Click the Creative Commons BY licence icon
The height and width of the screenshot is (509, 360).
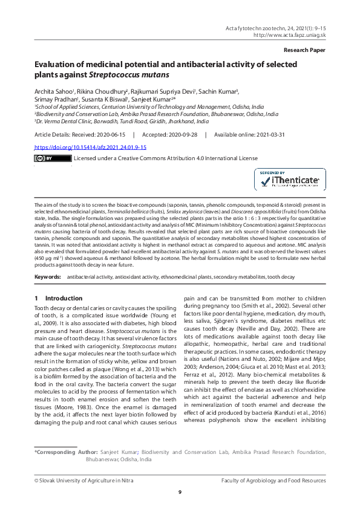pos(53,158)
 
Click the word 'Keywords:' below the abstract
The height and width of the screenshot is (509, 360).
pos(48,276)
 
